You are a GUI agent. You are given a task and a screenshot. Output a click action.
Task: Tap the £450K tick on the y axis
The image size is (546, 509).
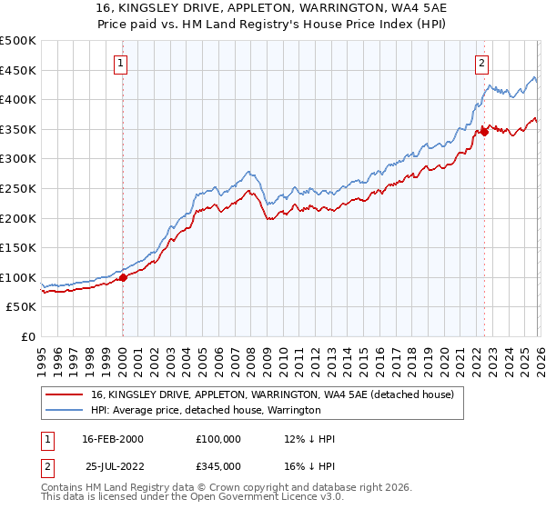click(x=18, y=70)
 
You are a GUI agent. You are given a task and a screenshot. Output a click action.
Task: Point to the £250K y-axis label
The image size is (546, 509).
click(x=18, y=188)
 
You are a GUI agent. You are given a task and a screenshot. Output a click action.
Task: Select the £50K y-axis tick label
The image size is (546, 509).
click(x=22, y=307)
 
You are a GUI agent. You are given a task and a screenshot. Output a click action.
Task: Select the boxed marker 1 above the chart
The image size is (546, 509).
click(x=122, y=63)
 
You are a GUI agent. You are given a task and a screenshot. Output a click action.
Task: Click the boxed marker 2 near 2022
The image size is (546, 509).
click(x=481, y=63)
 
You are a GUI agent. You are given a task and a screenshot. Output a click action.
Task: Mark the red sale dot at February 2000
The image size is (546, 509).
click(x=123, y=278)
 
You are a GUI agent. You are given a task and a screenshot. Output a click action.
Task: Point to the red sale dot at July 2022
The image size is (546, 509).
click(x=484, y=132)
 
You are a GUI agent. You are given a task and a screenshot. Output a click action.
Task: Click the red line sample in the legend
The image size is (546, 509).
click(x=66, y=394)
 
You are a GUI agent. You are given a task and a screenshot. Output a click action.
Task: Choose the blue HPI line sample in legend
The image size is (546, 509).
click(x=66, y=410)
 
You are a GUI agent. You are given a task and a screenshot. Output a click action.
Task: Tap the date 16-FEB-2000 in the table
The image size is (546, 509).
click(x=112, y=439)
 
